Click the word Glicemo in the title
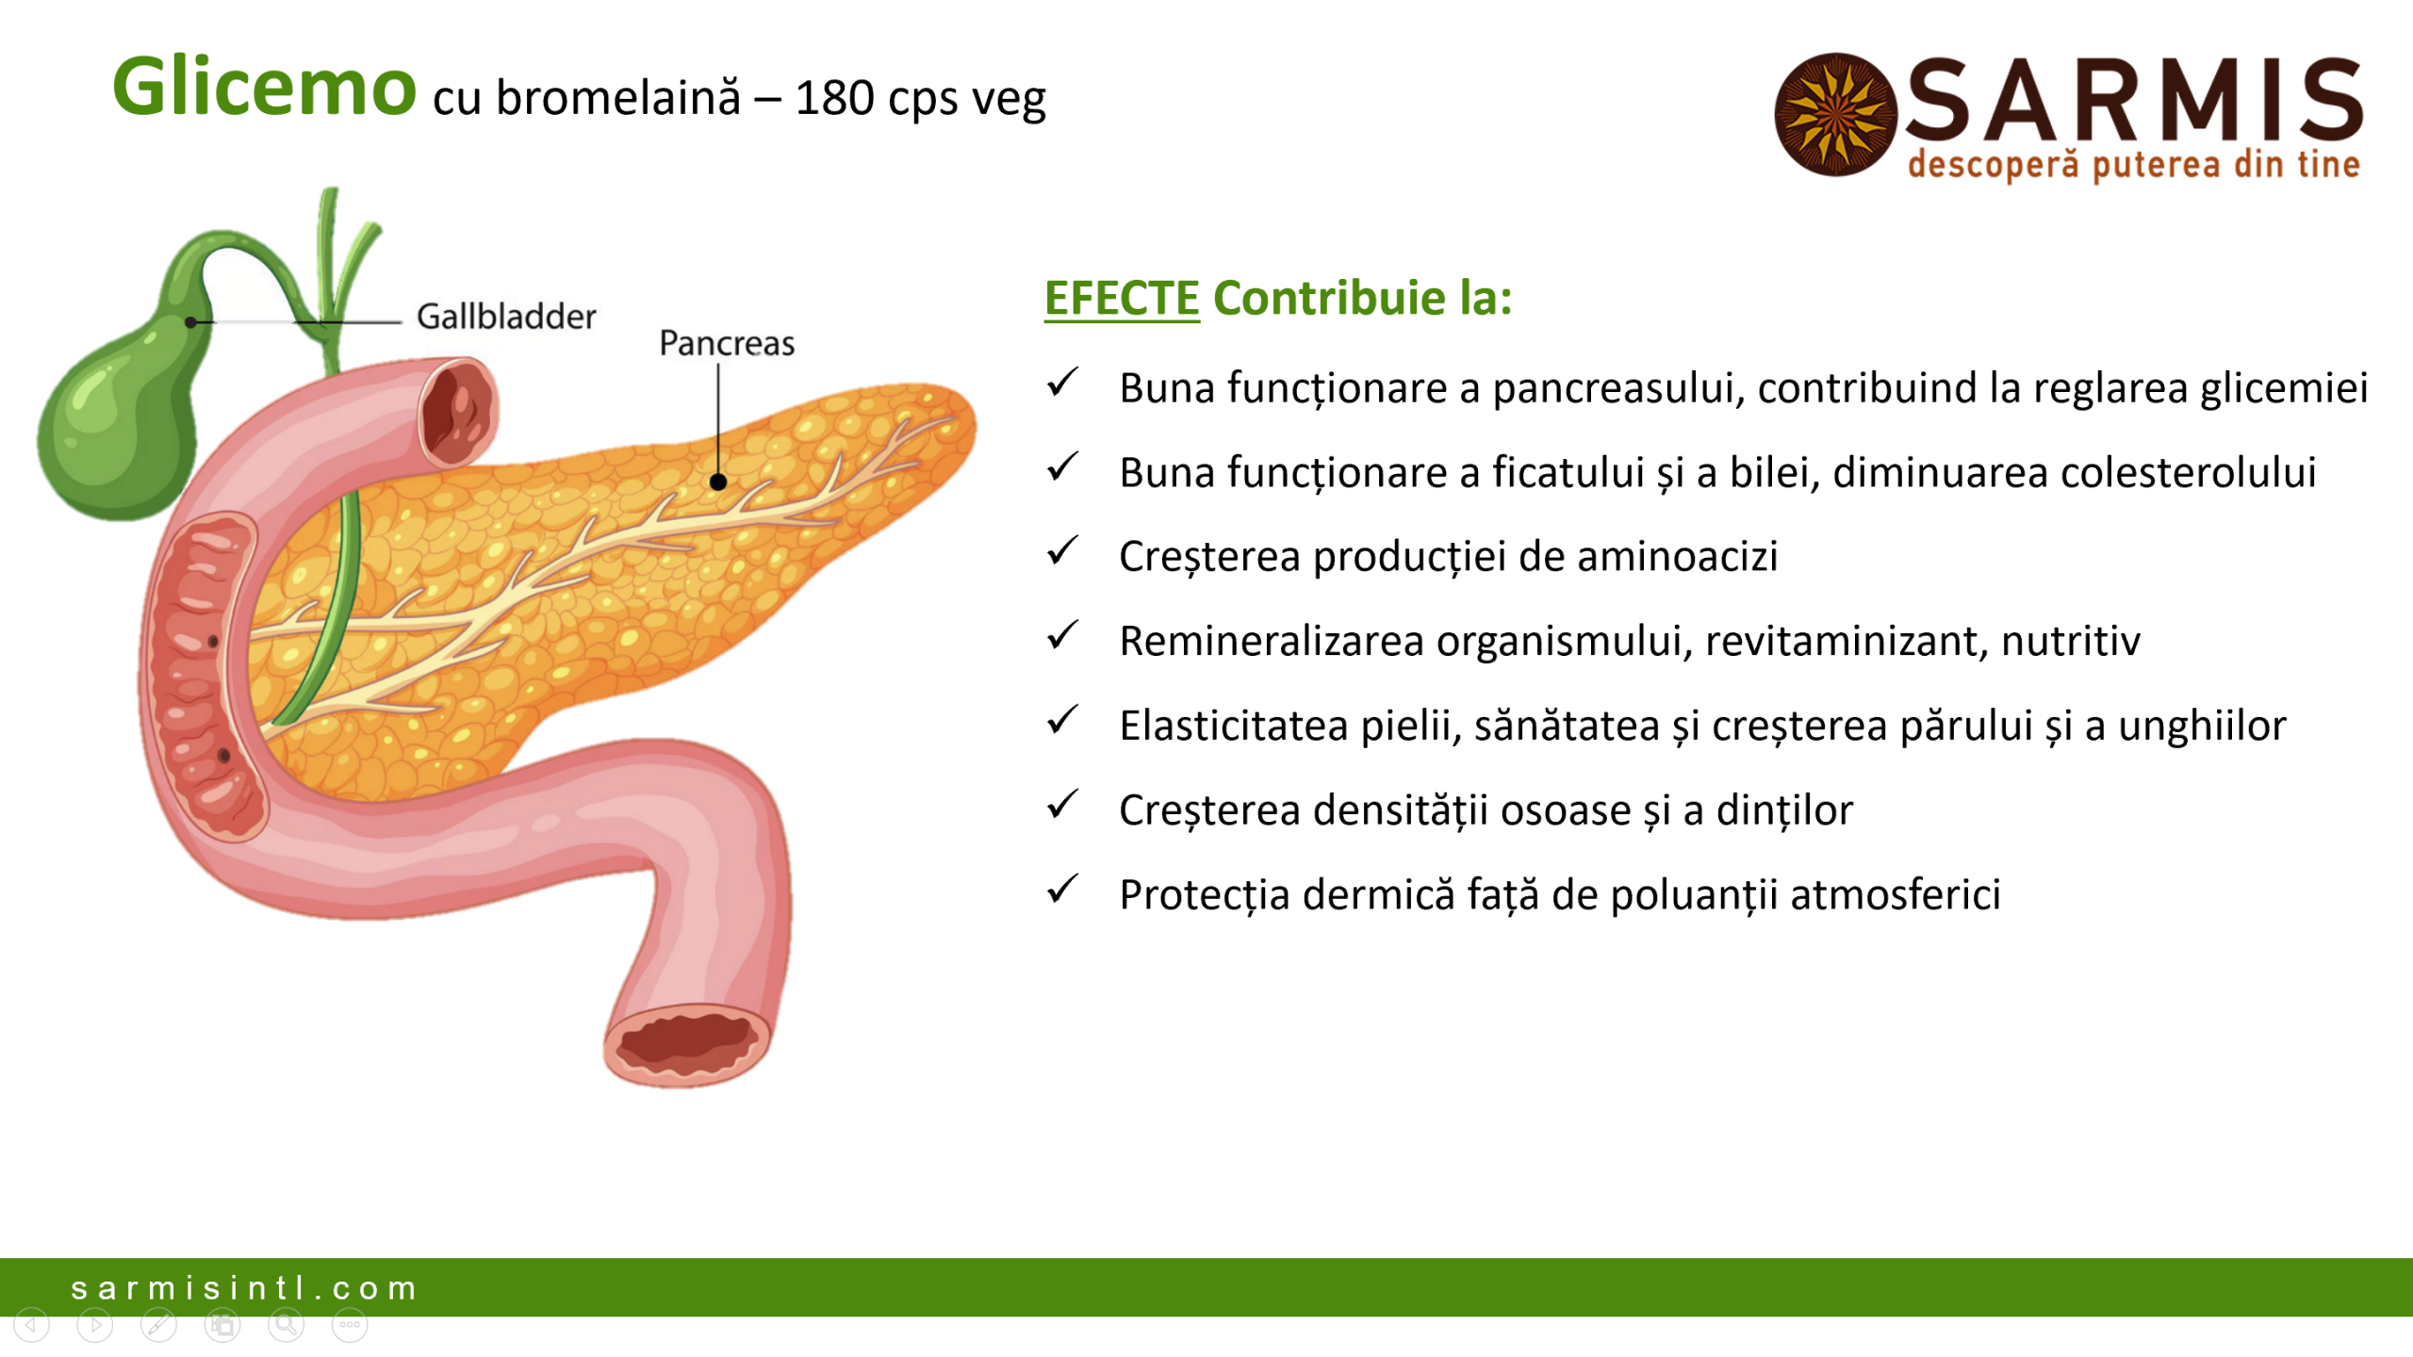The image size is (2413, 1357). pos(264,88)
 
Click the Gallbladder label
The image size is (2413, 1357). pos(506,317)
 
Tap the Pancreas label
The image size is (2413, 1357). pos(727,343)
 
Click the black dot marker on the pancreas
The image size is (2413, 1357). pos(718,482)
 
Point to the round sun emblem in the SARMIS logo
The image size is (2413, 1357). pos(1835,114)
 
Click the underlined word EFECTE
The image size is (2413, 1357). pos(1122,298)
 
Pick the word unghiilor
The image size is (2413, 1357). pos(2202,726)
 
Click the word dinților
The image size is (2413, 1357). pos(1784,810)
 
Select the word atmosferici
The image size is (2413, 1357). pos(1895,894)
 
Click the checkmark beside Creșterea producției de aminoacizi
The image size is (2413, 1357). pos(1062,551)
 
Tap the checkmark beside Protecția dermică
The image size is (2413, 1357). pos(1062,889)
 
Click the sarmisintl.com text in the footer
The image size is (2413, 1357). pos(244,1288)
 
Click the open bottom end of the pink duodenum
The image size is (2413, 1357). pos(686,1044)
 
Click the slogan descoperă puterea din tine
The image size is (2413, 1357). pos(2134,165)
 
